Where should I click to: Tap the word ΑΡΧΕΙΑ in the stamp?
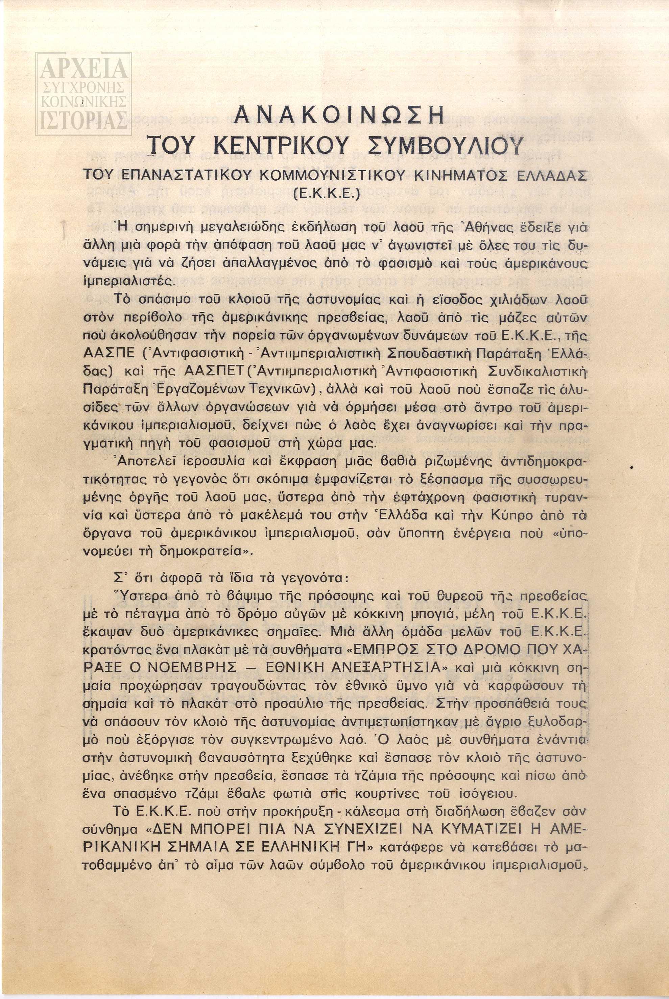(83, 68)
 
